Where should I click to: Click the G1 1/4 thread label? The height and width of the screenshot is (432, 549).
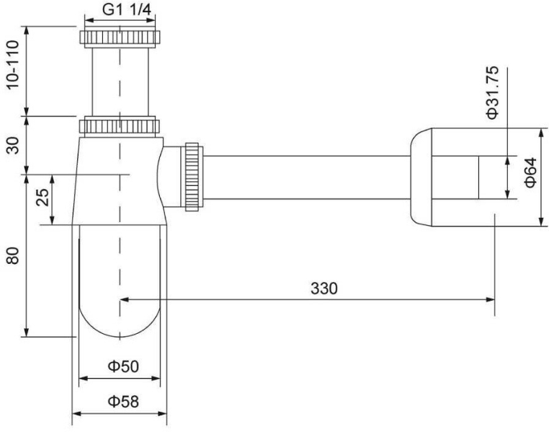tap(127, 10)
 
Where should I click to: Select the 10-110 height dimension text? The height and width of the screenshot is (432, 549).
tap(12, 65)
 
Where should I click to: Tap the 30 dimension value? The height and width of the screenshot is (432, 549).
tap(12, 146)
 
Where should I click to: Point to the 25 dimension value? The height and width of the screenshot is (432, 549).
tap(43, 198)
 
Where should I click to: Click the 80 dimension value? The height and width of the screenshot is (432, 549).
tap(12, 255)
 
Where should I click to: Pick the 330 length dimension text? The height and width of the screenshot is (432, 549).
tap(324, 288)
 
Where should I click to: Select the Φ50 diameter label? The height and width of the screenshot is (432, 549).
tap(123, 366)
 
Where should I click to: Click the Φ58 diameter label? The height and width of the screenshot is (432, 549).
tap(123, 401)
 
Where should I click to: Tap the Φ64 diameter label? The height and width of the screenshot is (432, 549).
tap(531, 172)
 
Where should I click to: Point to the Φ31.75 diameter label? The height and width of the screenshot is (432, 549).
tap(492, 92)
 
